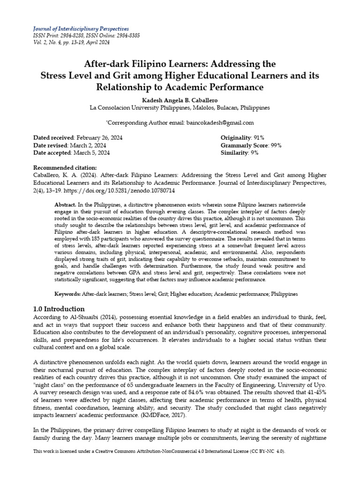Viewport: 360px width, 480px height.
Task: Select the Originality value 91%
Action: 258,138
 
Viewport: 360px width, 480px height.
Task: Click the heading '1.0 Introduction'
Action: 59,309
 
